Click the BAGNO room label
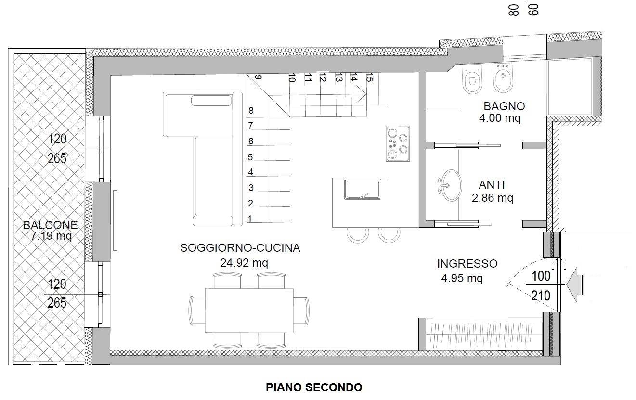coord(504,106)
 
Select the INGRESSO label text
coord(467,264)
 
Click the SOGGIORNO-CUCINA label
coord(240,248)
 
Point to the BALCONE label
coord(50,225)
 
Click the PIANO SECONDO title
coord(314,387)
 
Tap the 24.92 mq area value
coord(244,263)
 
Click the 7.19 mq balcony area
coord(52,236)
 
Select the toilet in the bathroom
coord(472,78)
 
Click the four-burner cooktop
coord(398,143)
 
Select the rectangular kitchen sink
coord(363,189)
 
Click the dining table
coord(249,310)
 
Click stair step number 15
coord(369,77)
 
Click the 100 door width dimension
coord(541,276)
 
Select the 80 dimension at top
coord(514,10)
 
